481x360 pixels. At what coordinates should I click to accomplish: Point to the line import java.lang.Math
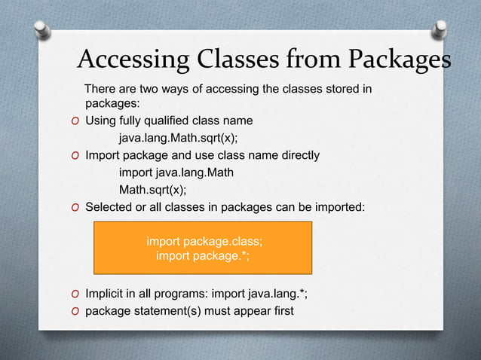(x=176, y=172)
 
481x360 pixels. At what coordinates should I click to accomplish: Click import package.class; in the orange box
(x=204, y=242)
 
